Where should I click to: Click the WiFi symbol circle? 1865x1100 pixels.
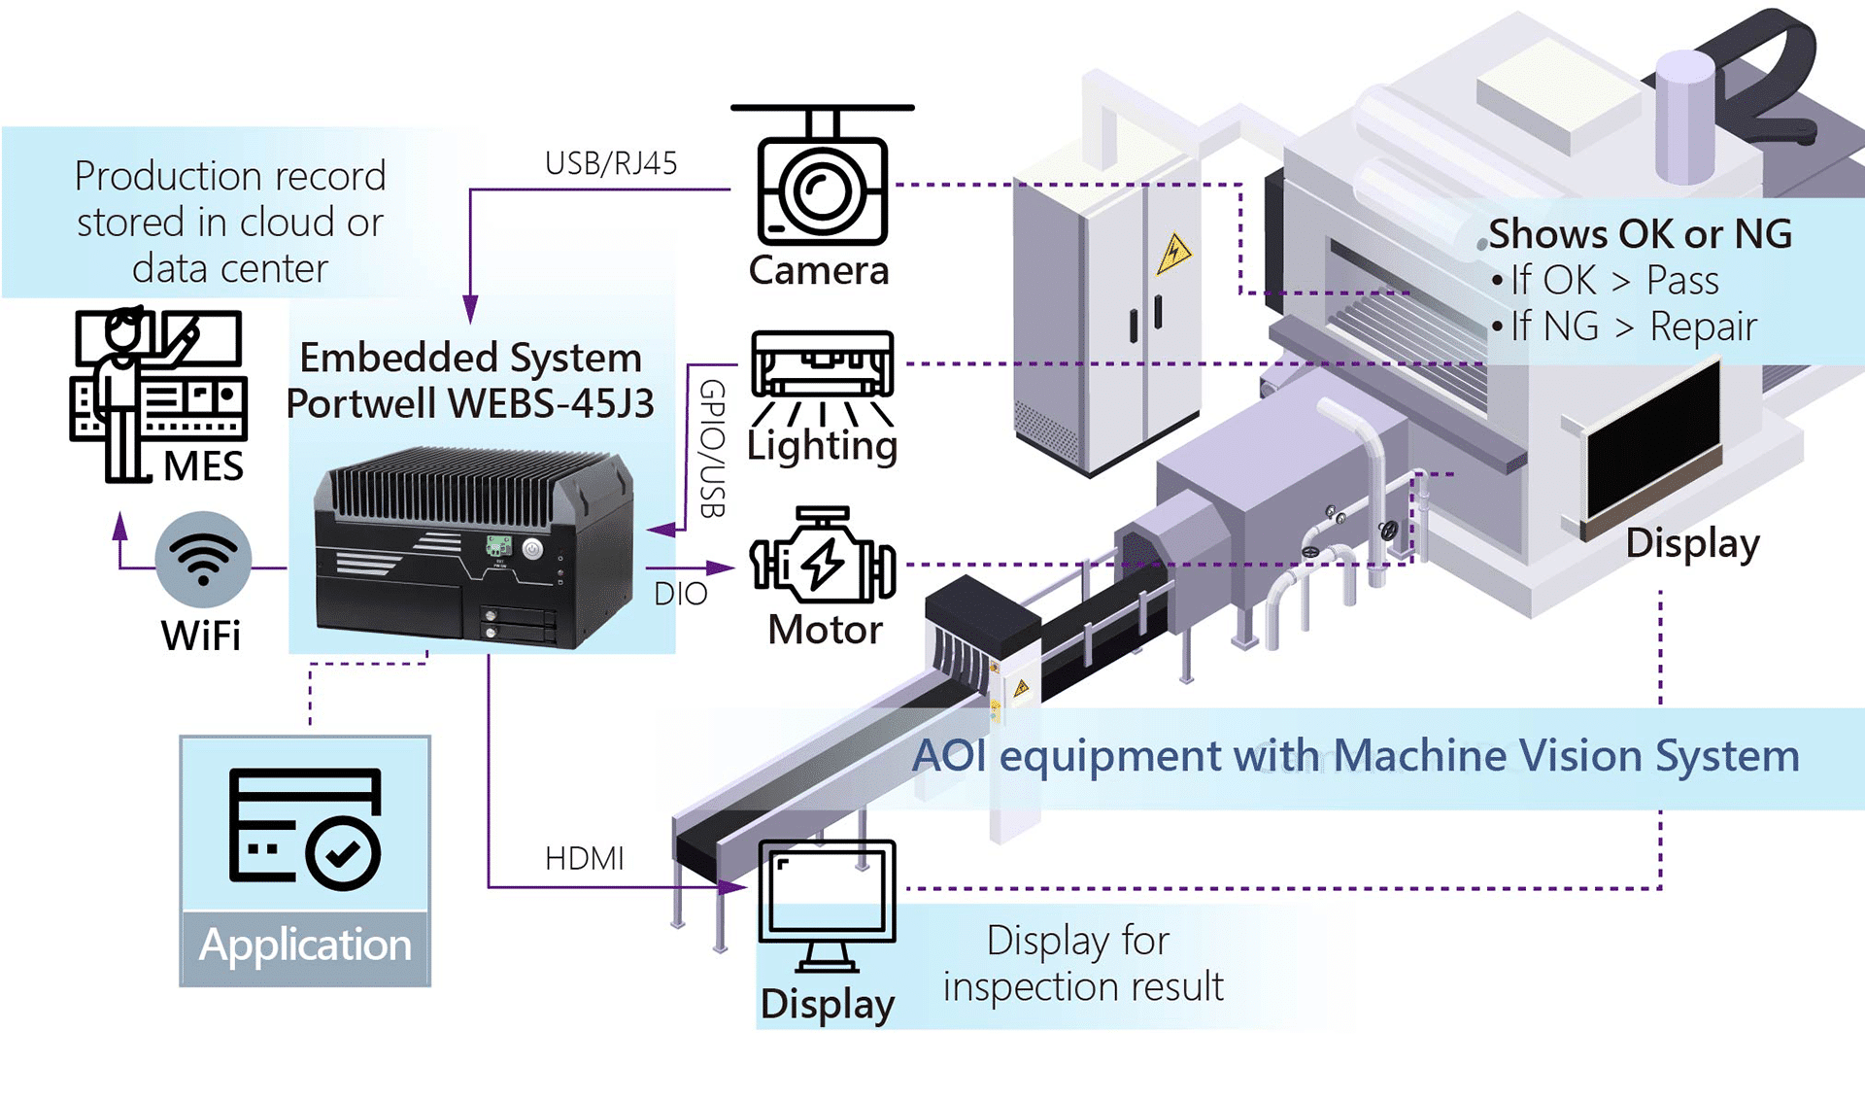[203, 560]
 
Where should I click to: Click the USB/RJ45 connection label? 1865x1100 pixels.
[610, 163]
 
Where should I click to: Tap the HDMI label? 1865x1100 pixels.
[584, 859]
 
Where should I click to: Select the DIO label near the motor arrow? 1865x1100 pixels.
[680, 594]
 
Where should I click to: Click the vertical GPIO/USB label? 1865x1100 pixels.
[712, 448]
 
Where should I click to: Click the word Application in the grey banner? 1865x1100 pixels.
[305, 945]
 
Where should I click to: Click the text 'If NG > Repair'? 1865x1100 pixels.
[1632, 327]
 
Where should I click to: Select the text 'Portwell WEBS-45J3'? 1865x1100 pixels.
[470, 403]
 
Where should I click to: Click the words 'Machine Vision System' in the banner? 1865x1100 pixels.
[1566, 756]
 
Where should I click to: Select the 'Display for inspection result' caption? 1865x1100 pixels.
[1082, 963]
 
